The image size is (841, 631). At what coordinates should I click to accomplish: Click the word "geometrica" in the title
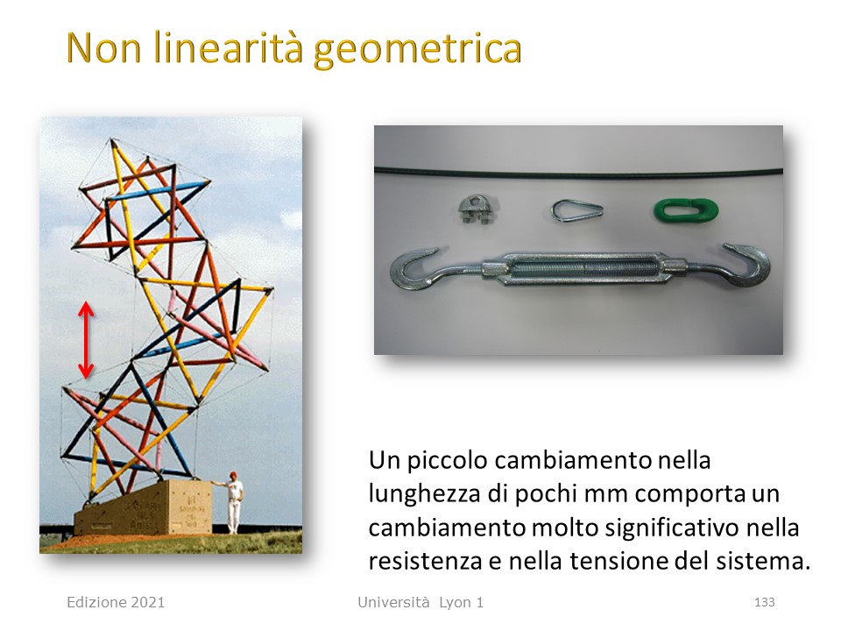417,50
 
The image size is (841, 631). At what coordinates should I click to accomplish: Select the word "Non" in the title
104,47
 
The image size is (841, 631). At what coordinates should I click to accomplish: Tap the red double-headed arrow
86,340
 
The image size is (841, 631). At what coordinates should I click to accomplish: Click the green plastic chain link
686,209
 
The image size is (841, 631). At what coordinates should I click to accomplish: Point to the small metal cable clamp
477,209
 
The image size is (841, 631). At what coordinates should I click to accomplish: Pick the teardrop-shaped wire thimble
576,209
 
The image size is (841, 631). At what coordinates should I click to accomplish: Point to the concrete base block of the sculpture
143,508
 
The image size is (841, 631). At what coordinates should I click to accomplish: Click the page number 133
764,602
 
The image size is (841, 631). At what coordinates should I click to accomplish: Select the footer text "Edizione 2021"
116,602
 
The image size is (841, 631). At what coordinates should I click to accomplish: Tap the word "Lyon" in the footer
455,603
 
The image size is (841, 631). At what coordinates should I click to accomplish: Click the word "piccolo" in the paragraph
448,461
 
